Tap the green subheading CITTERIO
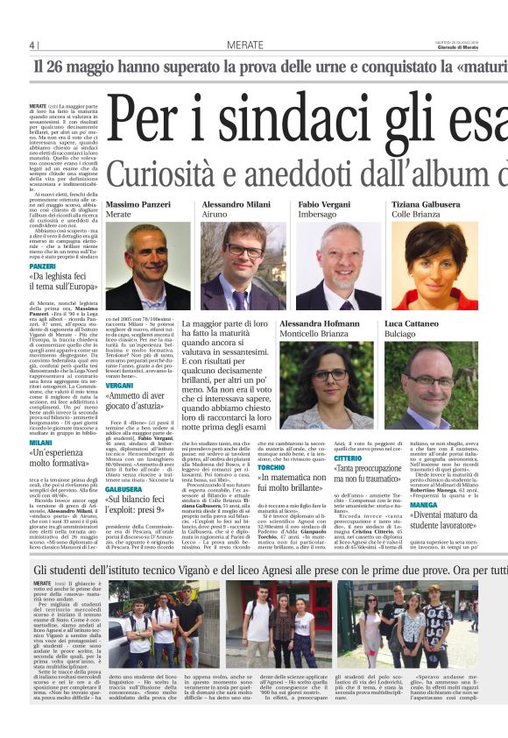pos(348,458)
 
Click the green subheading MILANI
pos(40,444)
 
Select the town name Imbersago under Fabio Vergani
pos(317,214)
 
